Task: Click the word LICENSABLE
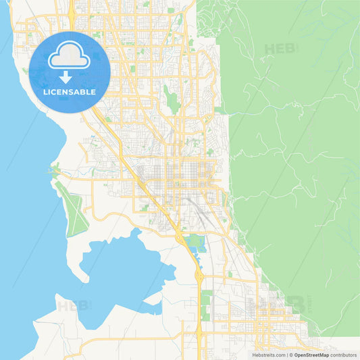[x=70, y=91]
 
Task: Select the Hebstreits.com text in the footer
[x=269, y=355]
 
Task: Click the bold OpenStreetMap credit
[x=311, y=355]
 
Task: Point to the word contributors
[x=343, y=355]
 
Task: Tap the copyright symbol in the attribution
[x=290, y=355]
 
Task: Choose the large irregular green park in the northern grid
[x=173, y=101]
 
